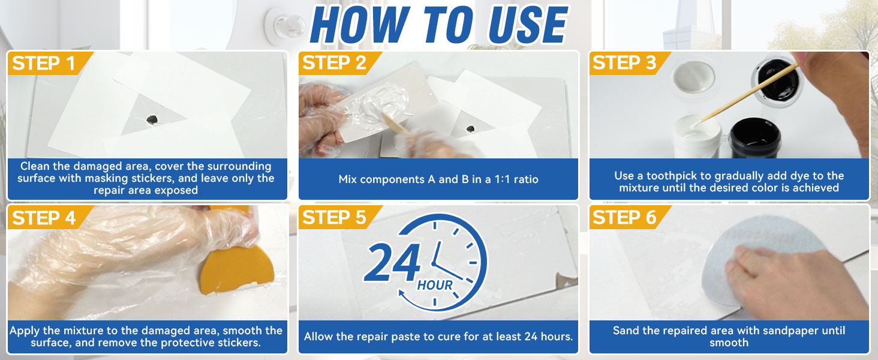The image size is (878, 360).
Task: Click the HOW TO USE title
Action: pyautogui.click(x=439, y=25)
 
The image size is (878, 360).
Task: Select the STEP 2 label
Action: pyautogui.click(x=334, y=63)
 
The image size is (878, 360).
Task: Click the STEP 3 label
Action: pyautogui.click(x=624, y=63)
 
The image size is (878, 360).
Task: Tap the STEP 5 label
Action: pyautogui.click(x=334, y=218)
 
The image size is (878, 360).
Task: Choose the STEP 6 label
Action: pyautogui.click(x=624, y=218)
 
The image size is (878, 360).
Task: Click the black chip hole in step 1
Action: pyautogui.click(x=152, y=119)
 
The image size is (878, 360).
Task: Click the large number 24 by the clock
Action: pyautogui.click(x=393, y=265)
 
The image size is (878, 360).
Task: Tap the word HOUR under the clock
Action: pyautogui.click(x=435, y=284)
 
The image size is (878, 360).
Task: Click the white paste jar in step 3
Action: pyautogui.click(x=696, y=135)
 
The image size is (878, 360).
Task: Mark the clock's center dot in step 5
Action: pyautogui.click(x=433, y=263)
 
